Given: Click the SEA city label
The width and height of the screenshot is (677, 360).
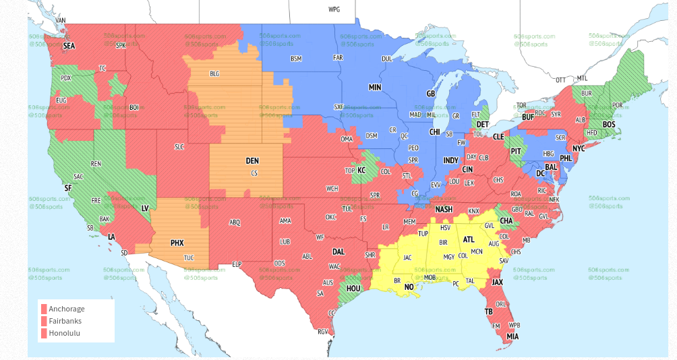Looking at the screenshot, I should click(69, 46).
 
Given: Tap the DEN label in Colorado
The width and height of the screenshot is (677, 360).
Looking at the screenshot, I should click(252, 160).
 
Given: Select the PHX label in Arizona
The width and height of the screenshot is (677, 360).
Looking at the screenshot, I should click(177, 243).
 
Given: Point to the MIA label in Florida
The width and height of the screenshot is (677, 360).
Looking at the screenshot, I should click(513, 336).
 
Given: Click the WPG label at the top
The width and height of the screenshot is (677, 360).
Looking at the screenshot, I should click(334, 9).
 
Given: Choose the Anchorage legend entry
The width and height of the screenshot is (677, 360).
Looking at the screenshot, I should click(67, 309).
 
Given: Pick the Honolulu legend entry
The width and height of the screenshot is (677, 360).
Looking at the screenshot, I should click(65, 333).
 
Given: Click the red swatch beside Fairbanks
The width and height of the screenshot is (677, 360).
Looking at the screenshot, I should click(44, 321).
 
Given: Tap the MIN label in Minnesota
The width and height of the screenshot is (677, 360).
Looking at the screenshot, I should click(375, 88).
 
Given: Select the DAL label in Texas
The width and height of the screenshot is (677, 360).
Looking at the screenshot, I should click(338, 251).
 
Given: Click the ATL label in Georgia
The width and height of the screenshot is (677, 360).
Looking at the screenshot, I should click(469, 239).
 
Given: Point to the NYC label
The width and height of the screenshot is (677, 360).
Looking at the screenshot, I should click(579, 148).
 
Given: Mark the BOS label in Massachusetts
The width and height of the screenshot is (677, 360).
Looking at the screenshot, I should click(609, 125).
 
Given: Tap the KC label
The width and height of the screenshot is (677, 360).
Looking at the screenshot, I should click(361, 171).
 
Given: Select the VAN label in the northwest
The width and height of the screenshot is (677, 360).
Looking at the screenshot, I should click(61, 20).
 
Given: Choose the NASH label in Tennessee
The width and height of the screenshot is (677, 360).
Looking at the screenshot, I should click(444, 210).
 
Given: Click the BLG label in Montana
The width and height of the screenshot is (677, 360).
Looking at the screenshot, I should click(214, 73).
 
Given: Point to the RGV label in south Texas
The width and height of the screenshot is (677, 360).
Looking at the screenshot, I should click(322, 331).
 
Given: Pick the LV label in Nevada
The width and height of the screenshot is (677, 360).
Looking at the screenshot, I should click(145, 208).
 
